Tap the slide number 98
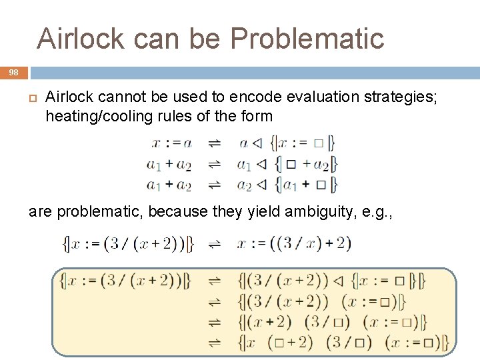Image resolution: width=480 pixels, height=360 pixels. [14, 73]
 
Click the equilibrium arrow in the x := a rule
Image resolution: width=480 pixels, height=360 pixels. [215, 143]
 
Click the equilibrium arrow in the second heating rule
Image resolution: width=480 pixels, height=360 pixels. [215, 163]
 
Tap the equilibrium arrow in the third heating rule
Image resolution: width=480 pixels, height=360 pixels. [215, 183]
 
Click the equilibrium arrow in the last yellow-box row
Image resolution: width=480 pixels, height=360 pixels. [215, 343]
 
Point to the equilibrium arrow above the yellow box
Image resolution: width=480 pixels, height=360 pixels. [215, 245]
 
